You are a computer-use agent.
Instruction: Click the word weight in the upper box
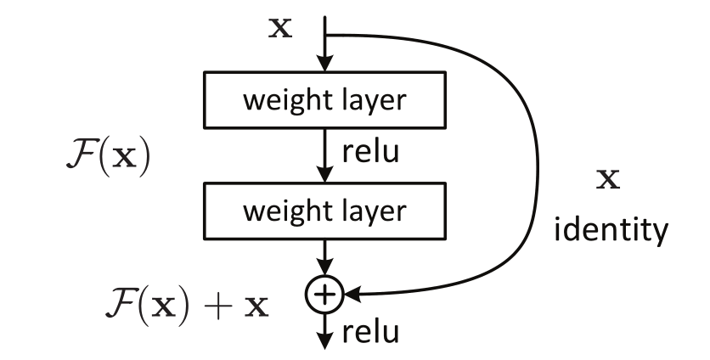coord(285,101)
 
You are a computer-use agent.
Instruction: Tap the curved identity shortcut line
coord(537,161)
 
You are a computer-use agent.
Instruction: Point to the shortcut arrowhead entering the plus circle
coord(350,295)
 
